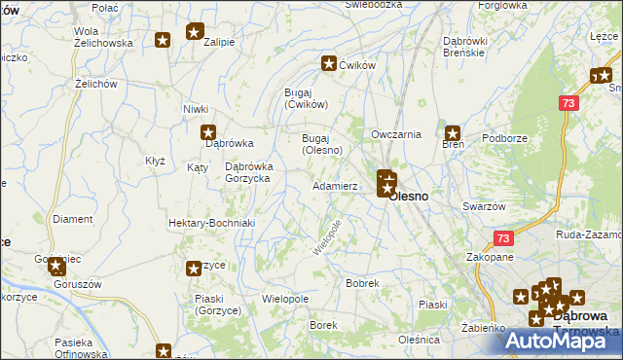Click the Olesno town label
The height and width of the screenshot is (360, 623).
pos(410,196)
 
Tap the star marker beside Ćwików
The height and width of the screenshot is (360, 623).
pos(329,64)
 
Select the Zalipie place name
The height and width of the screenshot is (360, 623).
pos(220,42)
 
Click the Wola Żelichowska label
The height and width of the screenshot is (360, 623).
pos(102,37)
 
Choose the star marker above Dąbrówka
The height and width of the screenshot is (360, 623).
pos(207,132)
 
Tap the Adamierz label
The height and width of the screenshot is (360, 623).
pos(335,185)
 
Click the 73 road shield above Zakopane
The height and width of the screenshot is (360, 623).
pos(502,238)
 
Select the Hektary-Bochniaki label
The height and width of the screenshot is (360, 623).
pos(211,223)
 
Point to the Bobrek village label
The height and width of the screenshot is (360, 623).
pos(362,283)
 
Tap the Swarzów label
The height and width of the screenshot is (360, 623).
pos(484,206)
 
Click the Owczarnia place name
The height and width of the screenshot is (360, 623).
pos(396,134)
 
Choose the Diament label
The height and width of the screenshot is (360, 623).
pos(72,219)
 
